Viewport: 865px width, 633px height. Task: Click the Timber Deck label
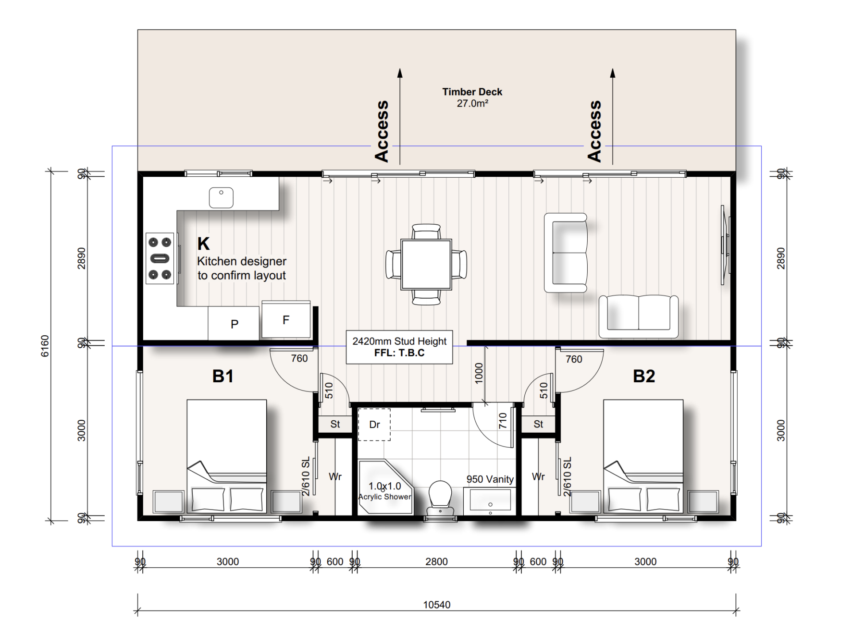(x=472, y=92)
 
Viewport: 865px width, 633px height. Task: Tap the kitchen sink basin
(x=221, y=197)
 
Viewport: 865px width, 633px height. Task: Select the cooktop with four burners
(x=160, y=258)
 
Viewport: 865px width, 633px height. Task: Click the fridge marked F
(x=286, y=320)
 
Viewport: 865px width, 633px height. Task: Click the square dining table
(x=426, y=265)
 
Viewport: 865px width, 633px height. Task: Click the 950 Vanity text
(x=490, y=479)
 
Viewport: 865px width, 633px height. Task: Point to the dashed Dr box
(x=374, y=425)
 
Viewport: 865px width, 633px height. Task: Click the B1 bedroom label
(x=223, y=376)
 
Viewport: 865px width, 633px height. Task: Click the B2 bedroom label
(x=644, y=376)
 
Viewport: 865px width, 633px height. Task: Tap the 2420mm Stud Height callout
(x=399, y=347)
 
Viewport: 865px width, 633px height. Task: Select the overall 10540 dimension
(x=436, y=605)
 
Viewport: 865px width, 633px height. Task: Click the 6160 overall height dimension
(x=45, y=346)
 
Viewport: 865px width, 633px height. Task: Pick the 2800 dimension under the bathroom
(x=436, y=561)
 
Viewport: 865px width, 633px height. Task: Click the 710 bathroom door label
(x=503, y=421)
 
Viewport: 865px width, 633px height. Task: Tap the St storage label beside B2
(x=538, y=424)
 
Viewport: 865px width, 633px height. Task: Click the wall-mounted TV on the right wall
(x=725, y=245)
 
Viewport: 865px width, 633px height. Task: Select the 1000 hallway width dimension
(x=479, y=373)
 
